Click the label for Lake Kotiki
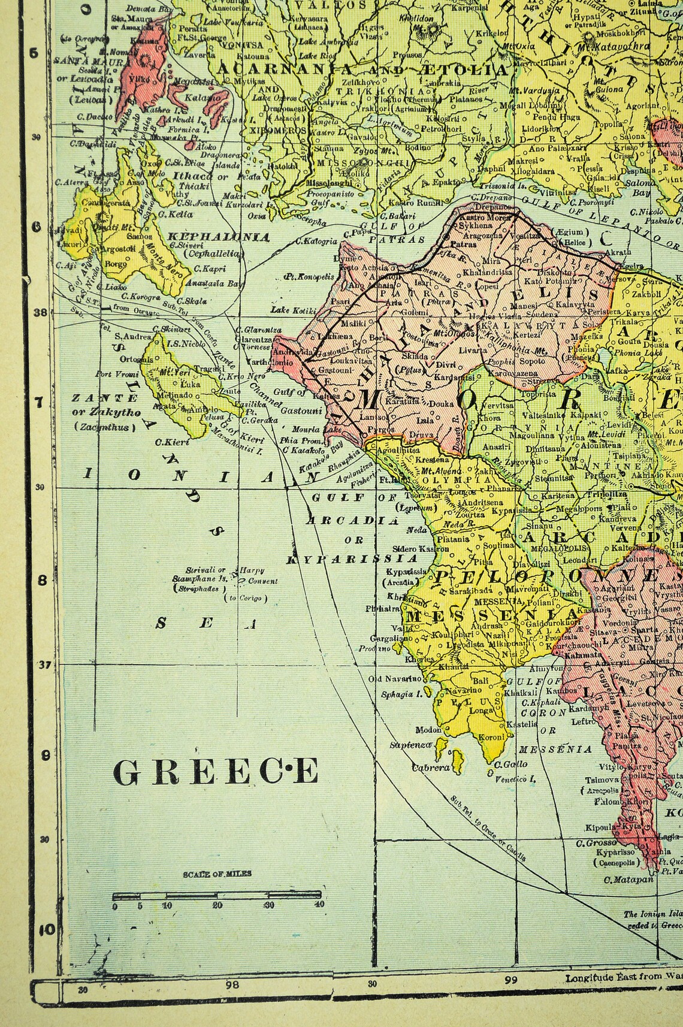pos(289,310)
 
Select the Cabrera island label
pos(430,767)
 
